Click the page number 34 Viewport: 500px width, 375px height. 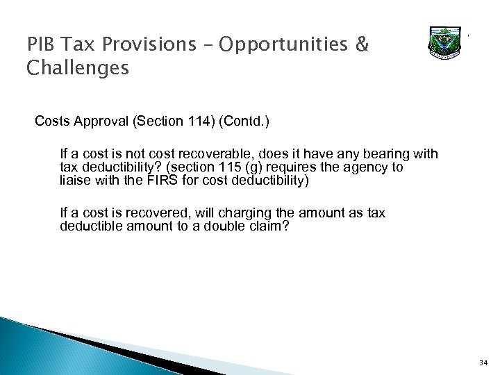pyautogui.click(x=483, y=361)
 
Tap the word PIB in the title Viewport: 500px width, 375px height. pyautogui.click(x=40, y=44)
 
